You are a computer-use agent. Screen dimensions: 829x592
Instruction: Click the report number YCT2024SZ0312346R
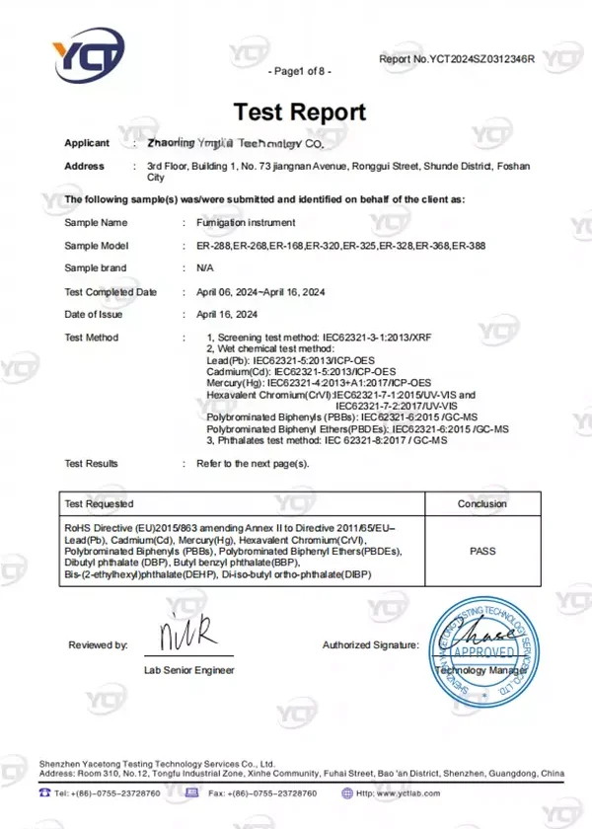click(456, 59)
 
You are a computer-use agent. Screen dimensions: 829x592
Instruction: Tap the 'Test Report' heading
click(299, 112)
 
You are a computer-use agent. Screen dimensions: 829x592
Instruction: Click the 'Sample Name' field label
click(96, 223)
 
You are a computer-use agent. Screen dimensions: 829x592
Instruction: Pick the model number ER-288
click(213, 246)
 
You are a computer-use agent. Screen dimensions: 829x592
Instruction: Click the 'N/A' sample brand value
click(205, 268)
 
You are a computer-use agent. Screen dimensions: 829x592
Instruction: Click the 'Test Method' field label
click(91, 338)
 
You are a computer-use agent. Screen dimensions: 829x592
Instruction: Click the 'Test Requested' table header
click(98, 503)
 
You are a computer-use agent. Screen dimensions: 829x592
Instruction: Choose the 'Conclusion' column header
click(481, 503)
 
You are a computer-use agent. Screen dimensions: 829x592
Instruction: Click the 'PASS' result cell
click(482, 553)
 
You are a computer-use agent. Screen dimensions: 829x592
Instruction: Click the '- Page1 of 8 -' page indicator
click(299, 71)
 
